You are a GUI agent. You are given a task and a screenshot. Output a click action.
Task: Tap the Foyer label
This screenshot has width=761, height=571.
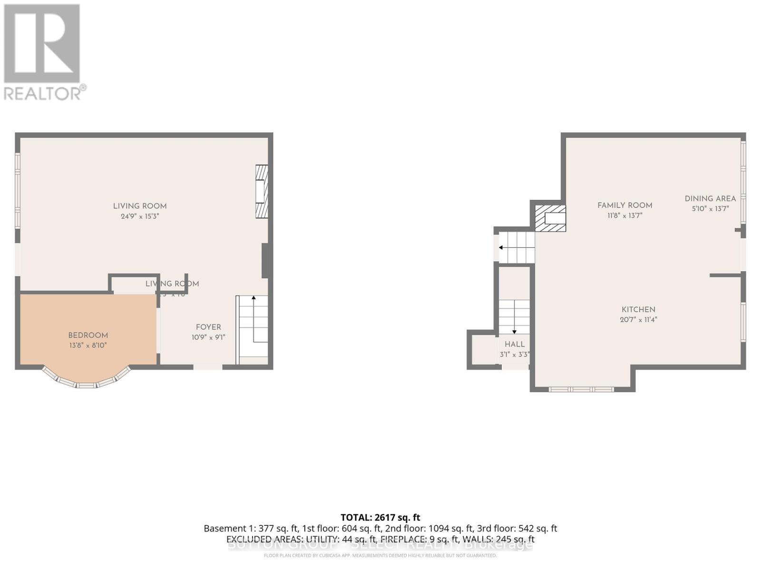pos(208,327)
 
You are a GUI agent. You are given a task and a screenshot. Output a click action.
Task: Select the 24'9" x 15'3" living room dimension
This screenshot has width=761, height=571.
pos(139,216)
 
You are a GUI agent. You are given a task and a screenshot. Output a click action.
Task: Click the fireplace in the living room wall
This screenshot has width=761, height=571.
pos(262,191)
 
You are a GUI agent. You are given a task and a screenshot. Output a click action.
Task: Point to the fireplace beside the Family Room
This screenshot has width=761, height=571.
pos(551,218)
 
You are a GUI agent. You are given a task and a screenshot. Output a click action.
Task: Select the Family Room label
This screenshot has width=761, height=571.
pos(624,205)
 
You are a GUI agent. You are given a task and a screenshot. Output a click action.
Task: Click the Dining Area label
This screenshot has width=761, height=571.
pos(710,198)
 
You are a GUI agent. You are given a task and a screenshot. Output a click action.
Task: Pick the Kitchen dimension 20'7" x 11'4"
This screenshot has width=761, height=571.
pos(638,320)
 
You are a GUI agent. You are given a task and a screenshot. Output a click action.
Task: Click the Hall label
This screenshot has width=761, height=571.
pos(515,344)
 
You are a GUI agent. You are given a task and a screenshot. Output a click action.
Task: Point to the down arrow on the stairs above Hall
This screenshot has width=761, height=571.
pos(514,331)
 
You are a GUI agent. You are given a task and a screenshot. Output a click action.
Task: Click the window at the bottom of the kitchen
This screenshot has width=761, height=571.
pos(581,389)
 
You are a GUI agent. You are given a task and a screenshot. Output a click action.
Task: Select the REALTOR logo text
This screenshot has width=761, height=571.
pos(45,93)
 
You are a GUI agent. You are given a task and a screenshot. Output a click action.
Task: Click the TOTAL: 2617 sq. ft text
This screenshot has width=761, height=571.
pos(380,517)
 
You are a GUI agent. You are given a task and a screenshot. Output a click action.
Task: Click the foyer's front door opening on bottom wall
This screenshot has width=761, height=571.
pos(208,366)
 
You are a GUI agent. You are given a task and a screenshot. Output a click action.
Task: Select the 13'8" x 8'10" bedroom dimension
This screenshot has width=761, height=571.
pos(88,345)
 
